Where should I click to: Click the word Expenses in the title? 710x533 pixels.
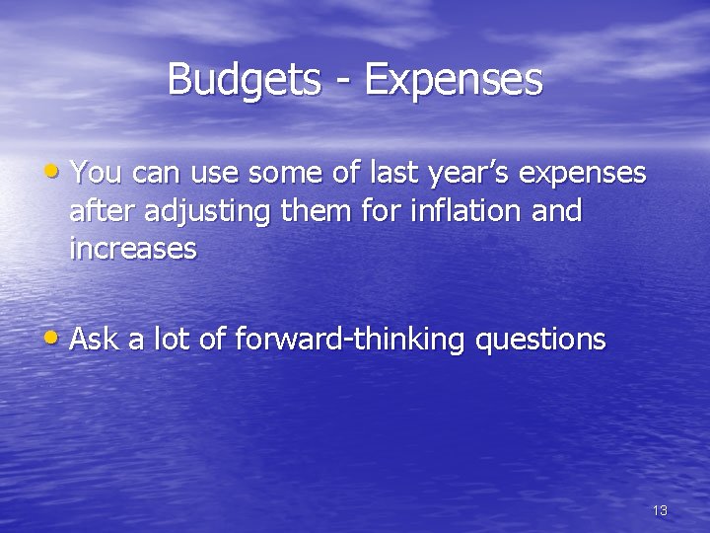coord(453,80)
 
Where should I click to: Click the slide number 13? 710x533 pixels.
coord(660,510)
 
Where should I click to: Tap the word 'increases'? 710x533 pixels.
coord(133,250)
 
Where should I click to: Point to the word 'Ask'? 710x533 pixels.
coord(94,340)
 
